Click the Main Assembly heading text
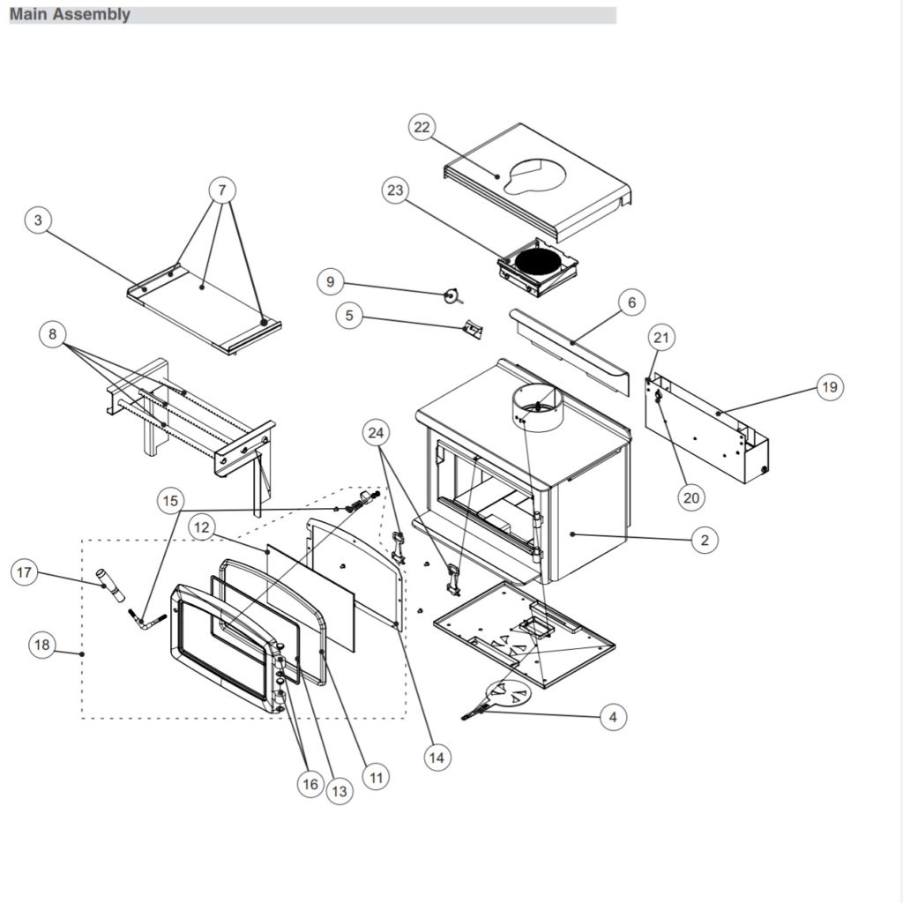70,14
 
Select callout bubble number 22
422,127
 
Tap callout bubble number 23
396,190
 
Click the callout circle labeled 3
38,220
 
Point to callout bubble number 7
222,190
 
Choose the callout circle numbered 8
53,334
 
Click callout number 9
331,282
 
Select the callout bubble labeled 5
350,316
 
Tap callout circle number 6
631,302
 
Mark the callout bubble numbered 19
829,386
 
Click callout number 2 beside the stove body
704,540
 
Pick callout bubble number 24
377,433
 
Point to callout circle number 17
25,573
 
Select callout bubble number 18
42,645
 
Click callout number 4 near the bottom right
613,717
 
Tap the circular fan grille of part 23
538,262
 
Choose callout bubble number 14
436,757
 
